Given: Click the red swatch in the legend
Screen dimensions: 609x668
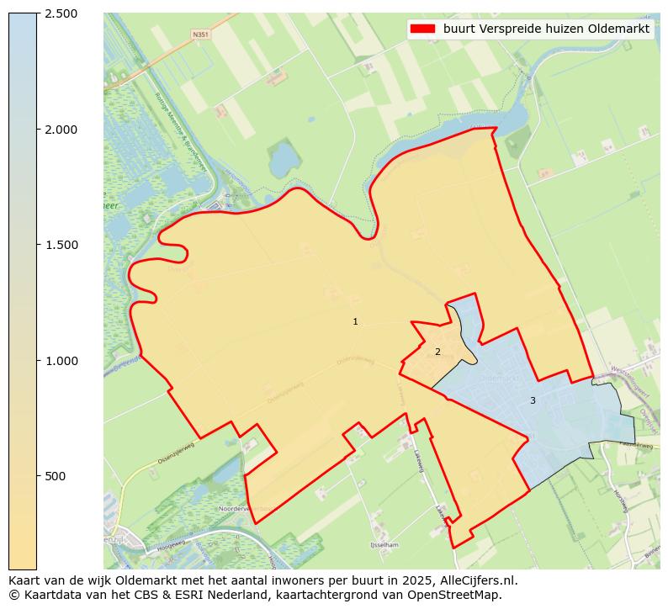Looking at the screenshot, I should pyautogui.click(x=422, y=29).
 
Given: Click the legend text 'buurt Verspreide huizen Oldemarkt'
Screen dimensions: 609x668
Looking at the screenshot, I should pyautogui.click(x=546, y=29).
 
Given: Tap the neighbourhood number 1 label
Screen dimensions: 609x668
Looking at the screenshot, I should pyautogui.click(x=355, y=322).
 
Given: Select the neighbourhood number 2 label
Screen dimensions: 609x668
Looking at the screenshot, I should pyautogui.click(x=437, y=352).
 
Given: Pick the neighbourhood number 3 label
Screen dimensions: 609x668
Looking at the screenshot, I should pyautogui.click(x=533, y=401).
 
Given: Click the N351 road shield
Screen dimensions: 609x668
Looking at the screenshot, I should pyautogui.click(x=199, y=34).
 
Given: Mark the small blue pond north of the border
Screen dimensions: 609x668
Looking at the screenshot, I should pyautogui.click(x=283, y=157).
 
